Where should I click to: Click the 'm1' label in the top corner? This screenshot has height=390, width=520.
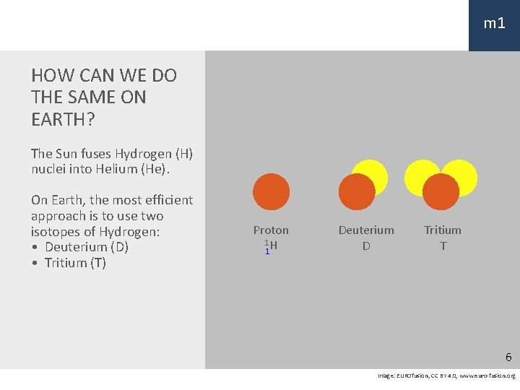coord(494,24)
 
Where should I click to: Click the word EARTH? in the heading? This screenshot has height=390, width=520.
coord(63,119)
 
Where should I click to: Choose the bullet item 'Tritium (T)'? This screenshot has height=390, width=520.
coord(75,263)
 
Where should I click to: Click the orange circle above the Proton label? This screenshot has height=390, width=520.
coord(272,191)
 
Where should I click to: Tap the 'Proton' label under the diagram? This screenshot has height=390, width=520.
coord(271,230)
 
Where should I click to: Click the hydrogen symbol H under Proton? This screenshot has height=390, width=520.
coord(274,246)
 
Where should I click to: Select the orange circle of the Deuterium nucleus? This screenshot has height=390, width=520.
coord(357,193)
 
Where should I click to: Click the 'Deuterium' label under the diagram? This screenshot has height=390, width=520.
coord(366,230)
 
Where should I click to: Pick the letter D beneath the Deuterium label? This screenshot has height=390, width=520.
coord(366,246)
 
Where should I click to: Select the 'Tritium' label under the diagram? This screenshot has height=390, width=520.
coord(443,230)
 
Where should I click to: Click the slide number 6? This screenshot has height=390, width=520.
coord(508,357)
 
